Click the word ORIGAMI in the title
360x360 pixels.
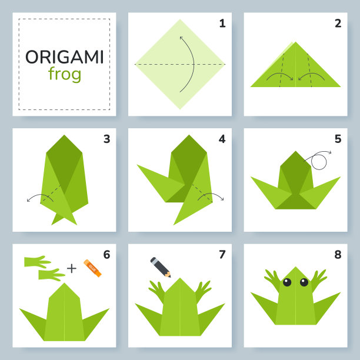point(65,57)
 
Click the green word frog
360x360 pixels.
point(65,74)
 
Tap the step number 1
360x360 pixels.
point(222,24)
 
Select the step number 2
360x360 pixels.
point(338,24)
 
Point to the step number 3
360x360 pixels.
point(106,139)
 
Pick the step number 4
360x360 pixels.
point(222,139)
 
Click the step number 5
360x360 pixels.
point(338,139)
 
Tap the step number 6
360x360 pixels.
point(106,254)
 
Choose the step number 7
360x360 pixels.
point(222,254)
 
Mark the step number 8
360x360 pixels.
point(338,254)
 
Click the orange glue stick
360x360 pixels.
point(92,268)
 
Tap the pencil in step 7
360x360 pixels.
point(161,267)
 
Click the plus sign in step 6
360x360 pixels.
point(72,268)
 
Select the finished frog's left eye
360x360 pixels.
point(287,282)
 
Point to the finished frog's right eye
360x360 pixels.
point(304,282)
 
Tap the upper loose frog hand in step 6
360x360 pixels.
point(37,262)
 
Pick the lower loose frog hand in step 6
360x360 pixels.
point(51,275)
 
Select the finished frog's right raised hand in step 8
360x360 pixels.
point(318,279)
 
